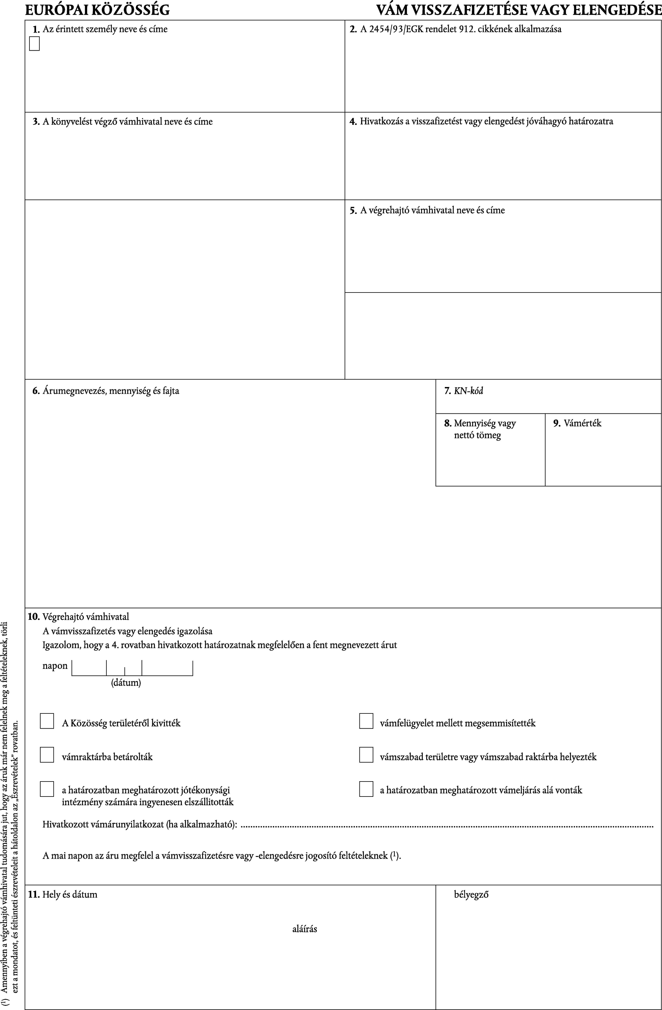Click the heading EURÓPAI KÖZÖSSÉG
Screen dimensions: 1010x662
[x=97, y=9]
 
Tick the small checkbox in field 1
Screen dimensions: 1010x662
[x=34, y=44]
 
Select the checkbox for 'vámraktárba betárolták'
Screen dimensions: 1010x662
[x=47, y=755]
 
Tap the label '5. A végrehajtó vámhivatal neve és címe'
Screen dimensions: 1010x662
[x=427, y=210]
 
